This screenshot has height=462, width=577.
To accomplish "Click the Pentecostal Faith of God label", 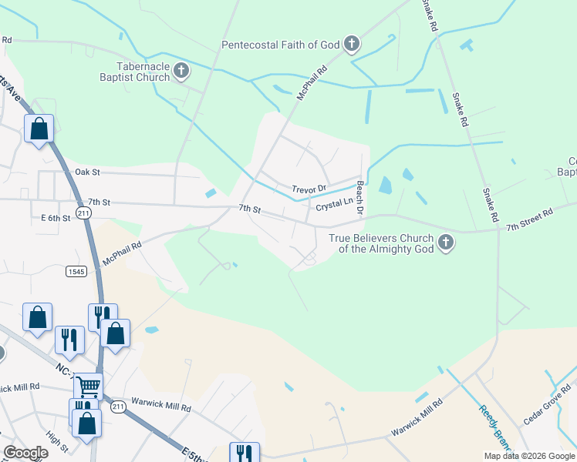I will tap(281, 45).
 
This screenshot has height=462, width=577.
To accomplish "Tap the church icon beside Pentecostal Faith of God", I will tap(352, 44).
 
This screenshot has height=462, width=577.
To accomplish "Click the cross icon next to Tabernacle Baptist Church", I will tap(181, 72).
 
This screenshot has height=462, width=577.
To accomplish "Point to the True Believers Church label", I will tap(381, 243).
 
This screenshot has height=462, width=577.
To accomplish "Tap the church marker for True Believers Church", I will tap(445, 243).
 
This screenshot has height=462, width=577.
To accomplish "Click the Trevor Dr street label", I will tap(309, 189).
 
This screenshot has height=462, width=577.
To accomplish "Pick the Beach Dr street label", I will tap(359, 198).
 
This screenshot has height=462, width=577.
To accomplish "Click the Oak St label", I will tap(87, 172).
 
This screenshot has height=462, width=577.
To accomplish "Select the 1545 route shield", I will tap(76, 271).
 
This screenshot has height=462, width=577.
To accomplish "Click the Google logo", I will tap(25, 453).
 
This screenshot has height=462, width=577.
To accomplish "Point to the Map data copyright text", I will tap(528, 456).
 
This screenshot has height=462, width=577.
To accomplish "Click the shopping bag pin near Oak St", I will tap(39, 129).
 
